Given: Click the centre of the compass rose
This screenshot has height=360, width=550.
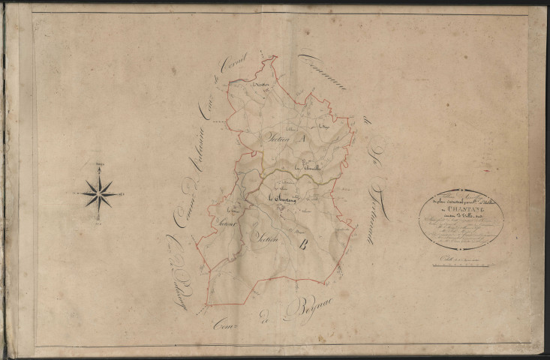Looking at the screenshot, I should tap(99, 193).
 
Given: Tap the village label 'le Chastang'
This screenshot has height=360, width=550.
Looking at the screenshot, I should tap(282, 197).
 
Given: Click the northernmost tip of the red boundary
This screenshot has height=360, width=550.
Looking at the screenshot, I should tap(272, 55).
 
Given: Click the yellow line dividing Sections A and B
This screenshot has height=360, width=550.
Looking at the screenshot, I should tap(285, 174).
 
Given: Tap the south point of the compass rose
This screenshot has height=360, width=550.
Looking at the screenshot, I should tap(99, 217).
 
